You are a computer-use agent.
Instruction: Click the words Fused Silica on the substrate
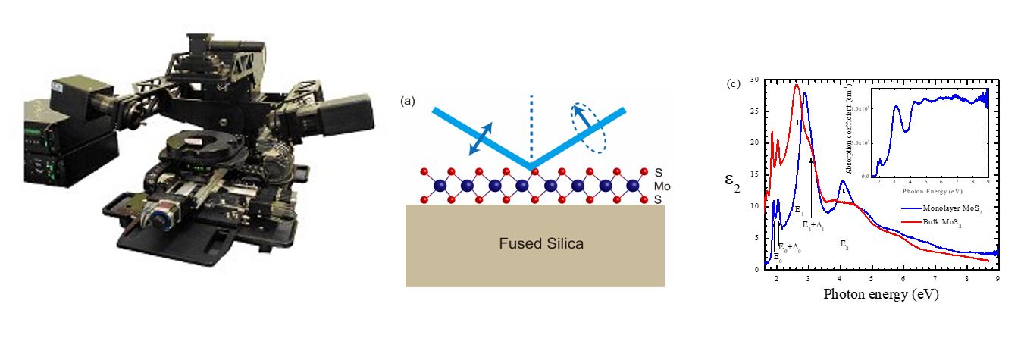click(535, 244)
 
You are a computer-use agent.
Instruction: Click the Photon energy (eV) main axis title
click(881, 294)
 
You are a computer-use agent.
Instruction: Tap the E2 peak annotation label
click(844, 243)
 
